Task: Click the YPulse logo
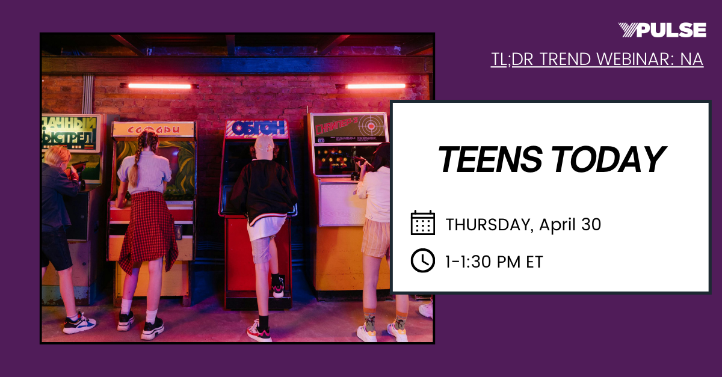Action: click(661, 30)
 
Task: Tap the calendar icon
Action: click(422, 223)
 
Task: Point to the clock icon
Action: click(422, 260)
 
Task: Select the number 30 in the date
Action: click(590, 225)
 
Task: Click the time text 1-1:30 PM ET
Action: click(493, 262)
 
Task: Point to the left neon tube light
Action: click(159, 86)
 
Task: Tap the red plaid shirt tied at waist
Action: click(147, 231)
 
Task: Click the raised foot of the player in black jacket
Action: click(277, 287)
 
